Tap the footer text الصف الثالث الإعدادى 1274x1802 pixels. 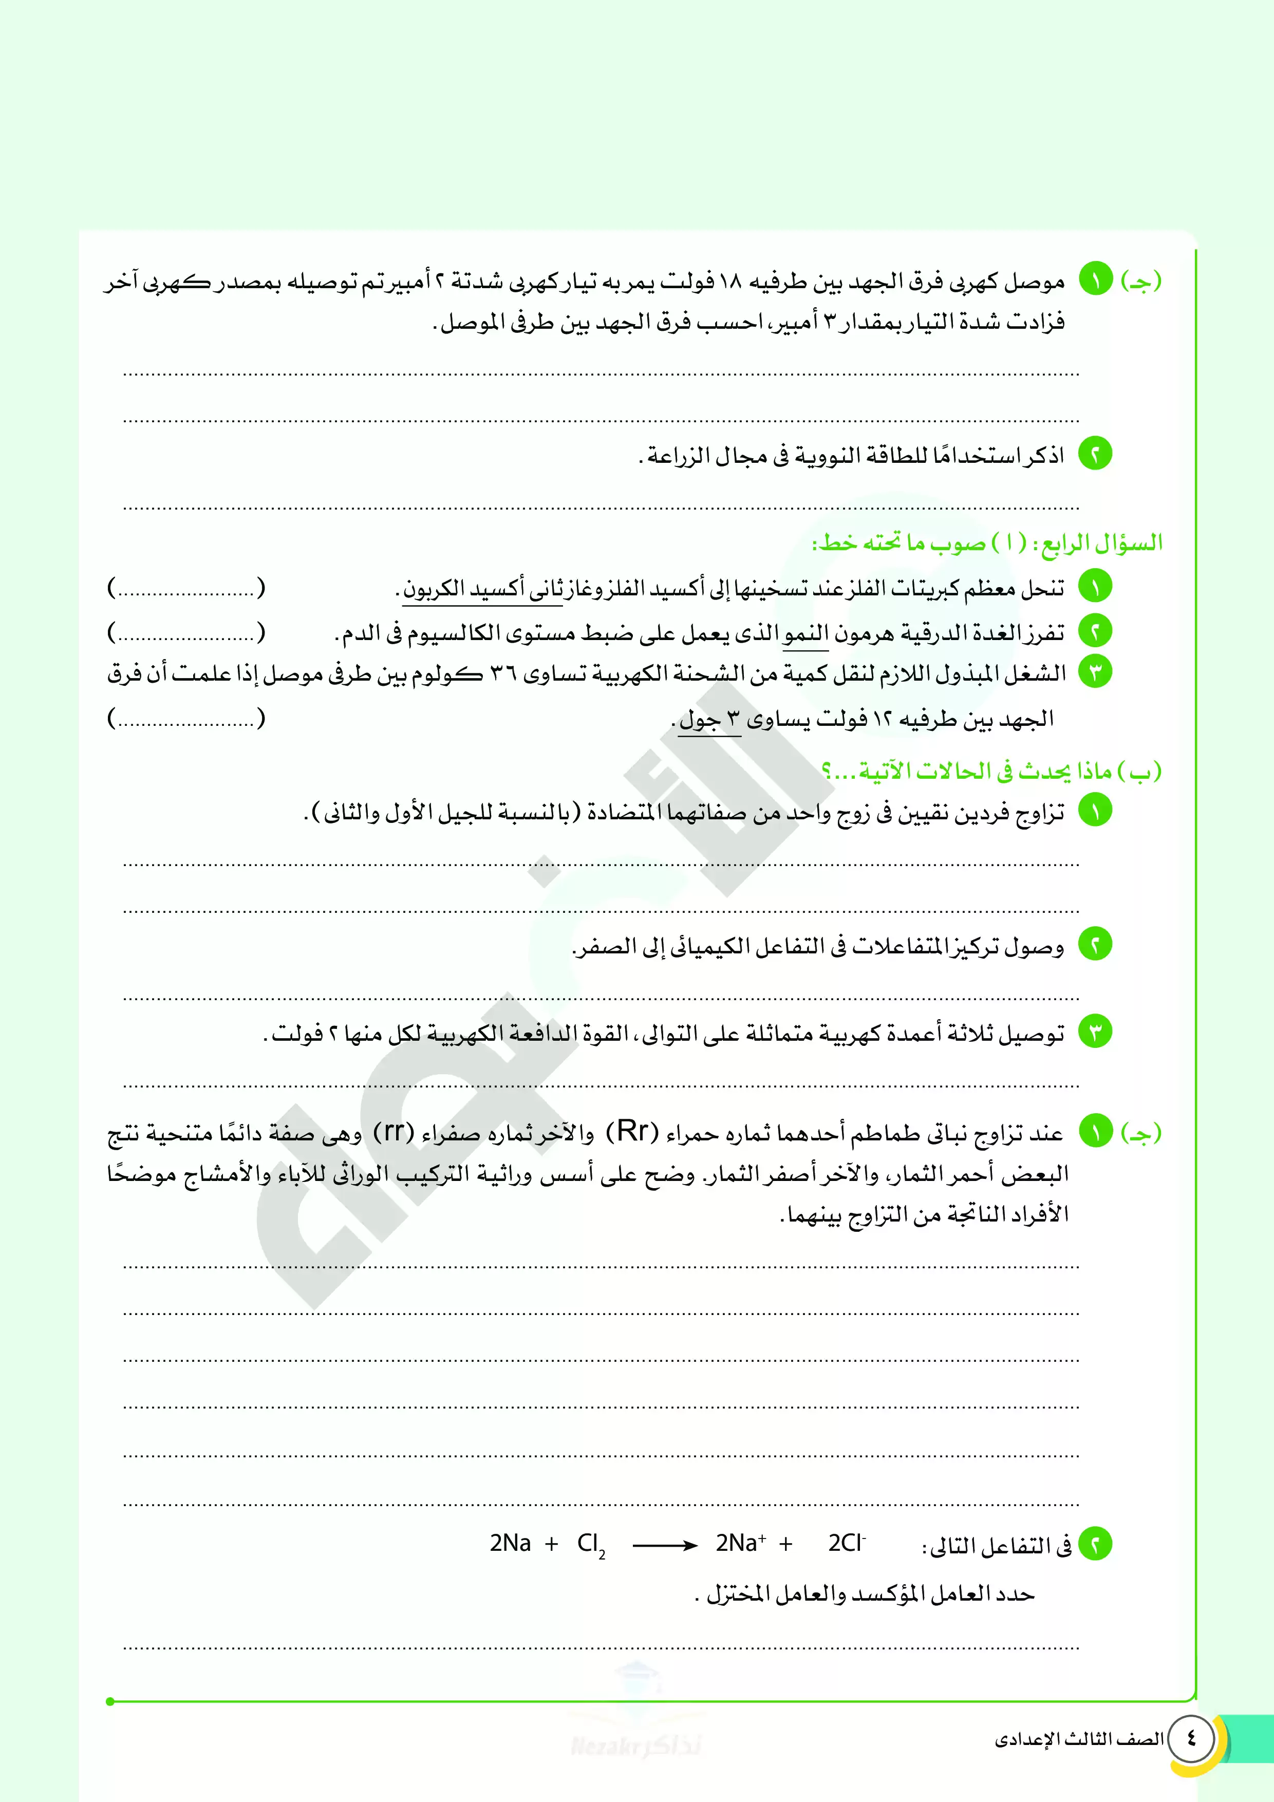pos(1079,1739)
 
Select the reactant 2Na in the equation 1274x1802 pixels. pos(510,1543)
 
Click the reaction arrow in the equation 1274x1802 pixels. pos(665,1545)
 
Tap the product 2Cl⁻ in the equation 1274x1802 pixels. pos(846,1543)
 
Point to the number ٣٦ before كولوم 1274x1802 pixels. pos(503,673)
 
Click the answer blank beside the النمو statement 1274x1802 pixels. pos(186,632)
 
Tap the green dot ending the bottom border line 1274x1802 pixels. pos(110,1701)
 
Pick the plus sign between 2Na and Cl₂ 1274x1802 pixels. pos(552,1544)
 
